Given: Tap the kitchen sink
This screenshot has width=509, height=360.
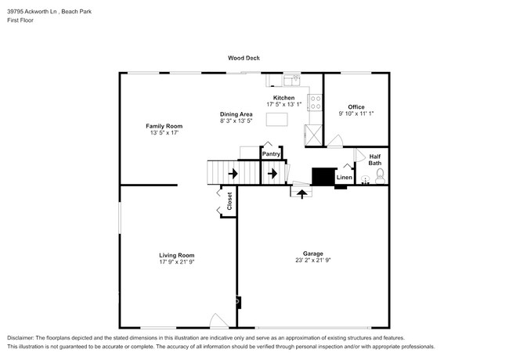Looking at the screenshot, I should tap(291, 79).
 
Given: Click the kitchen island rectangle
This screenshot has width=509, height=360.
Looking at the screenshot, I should tap(276, 120).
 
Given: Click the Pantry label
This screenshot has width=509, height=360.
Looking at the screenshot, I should tap(271, 154).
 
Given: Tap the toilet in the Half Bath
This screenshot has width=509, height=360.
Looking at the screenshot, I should tap(380, 175).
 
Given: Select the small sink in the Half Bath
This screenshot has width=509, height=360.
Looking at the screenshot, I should tap(366, 180).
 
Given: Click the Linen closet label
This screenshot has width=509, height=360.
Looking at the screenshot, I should tap(345, 178).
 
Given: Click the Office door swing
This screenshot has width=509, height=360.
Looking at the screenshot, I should tap(334, 142).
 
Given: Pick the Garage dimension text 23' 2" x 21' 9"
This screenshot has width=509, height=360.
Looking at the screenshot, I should tap(313, 260).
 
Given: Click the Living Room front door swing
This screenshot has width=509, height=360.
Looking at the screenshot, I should tap(218, 321).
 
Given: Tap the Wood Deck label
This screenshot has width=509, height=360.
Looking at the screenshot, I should tap(244, 58).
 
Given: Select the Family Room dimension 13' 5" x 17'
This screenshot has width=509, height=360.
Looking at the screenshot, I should tap(164, 133).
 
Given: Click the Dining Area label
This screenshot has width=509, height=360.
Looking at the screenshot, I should tap(236, 114).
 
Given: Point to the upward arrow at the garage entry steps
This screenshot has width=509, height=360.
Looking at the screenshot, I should tap(301, 192).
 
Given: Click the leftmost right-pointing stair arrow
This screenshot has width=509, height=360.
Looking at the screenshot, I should tap(233, 173).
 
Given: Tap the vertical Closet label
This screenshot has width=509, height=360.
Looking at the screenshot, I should tap(230, 200).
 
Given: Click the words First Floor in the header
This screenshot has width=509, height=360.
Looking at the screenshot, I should tap(20, 20).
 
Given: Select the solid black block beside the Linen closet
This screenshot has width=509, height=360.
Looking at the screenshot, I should tap(322, 176).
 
